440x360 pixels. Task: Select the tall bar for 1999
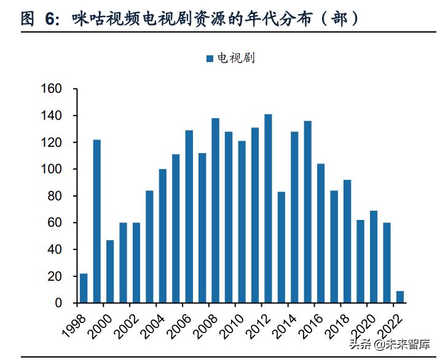point(97,221)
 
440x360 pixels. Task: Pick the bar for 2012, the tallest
point(268,208)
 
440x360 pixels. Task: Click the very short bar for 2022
point(399,297)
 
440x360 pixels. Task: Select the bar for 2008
point(216,210)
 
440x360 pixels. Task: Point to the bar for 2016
point(321,233)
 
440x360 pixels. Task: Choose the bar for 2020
point(373,257)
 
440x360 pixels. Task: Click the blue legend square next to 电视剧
point(210,58)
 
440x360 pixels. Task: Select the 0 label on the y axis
point(58,303)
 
